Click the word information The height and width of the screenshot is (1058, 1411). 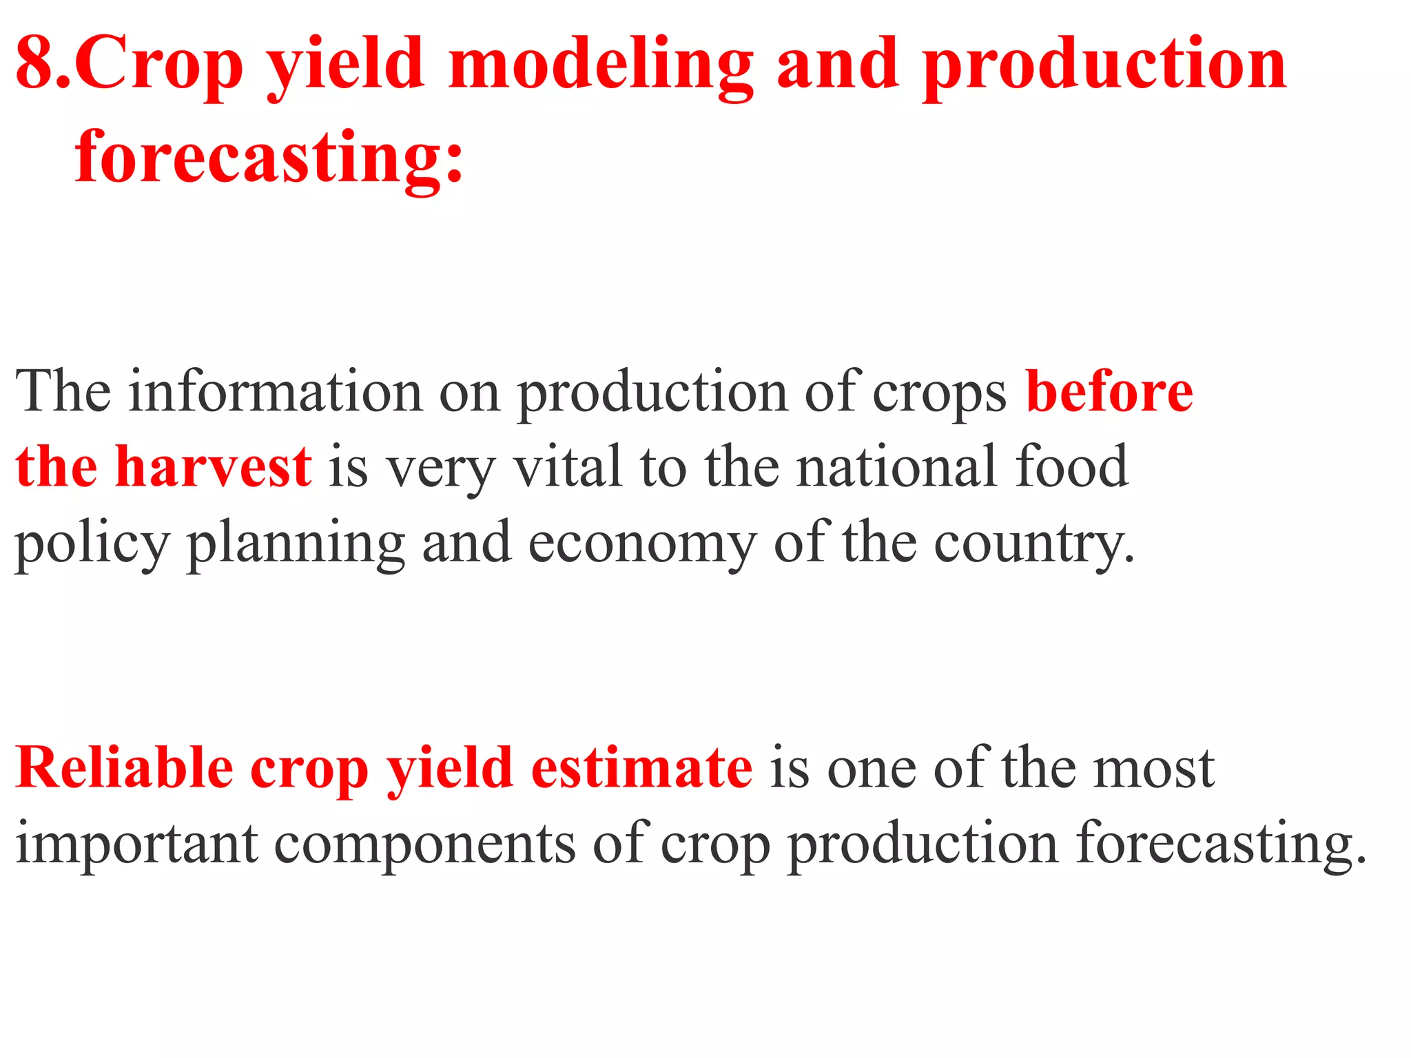276,391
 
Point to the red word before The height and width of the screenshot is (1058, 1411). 1109,391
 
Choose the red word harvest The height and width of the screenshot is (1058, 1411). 214,466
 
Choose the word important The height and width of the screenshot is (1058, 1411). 137,844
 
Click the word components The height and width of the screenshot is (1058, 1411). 424,844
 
